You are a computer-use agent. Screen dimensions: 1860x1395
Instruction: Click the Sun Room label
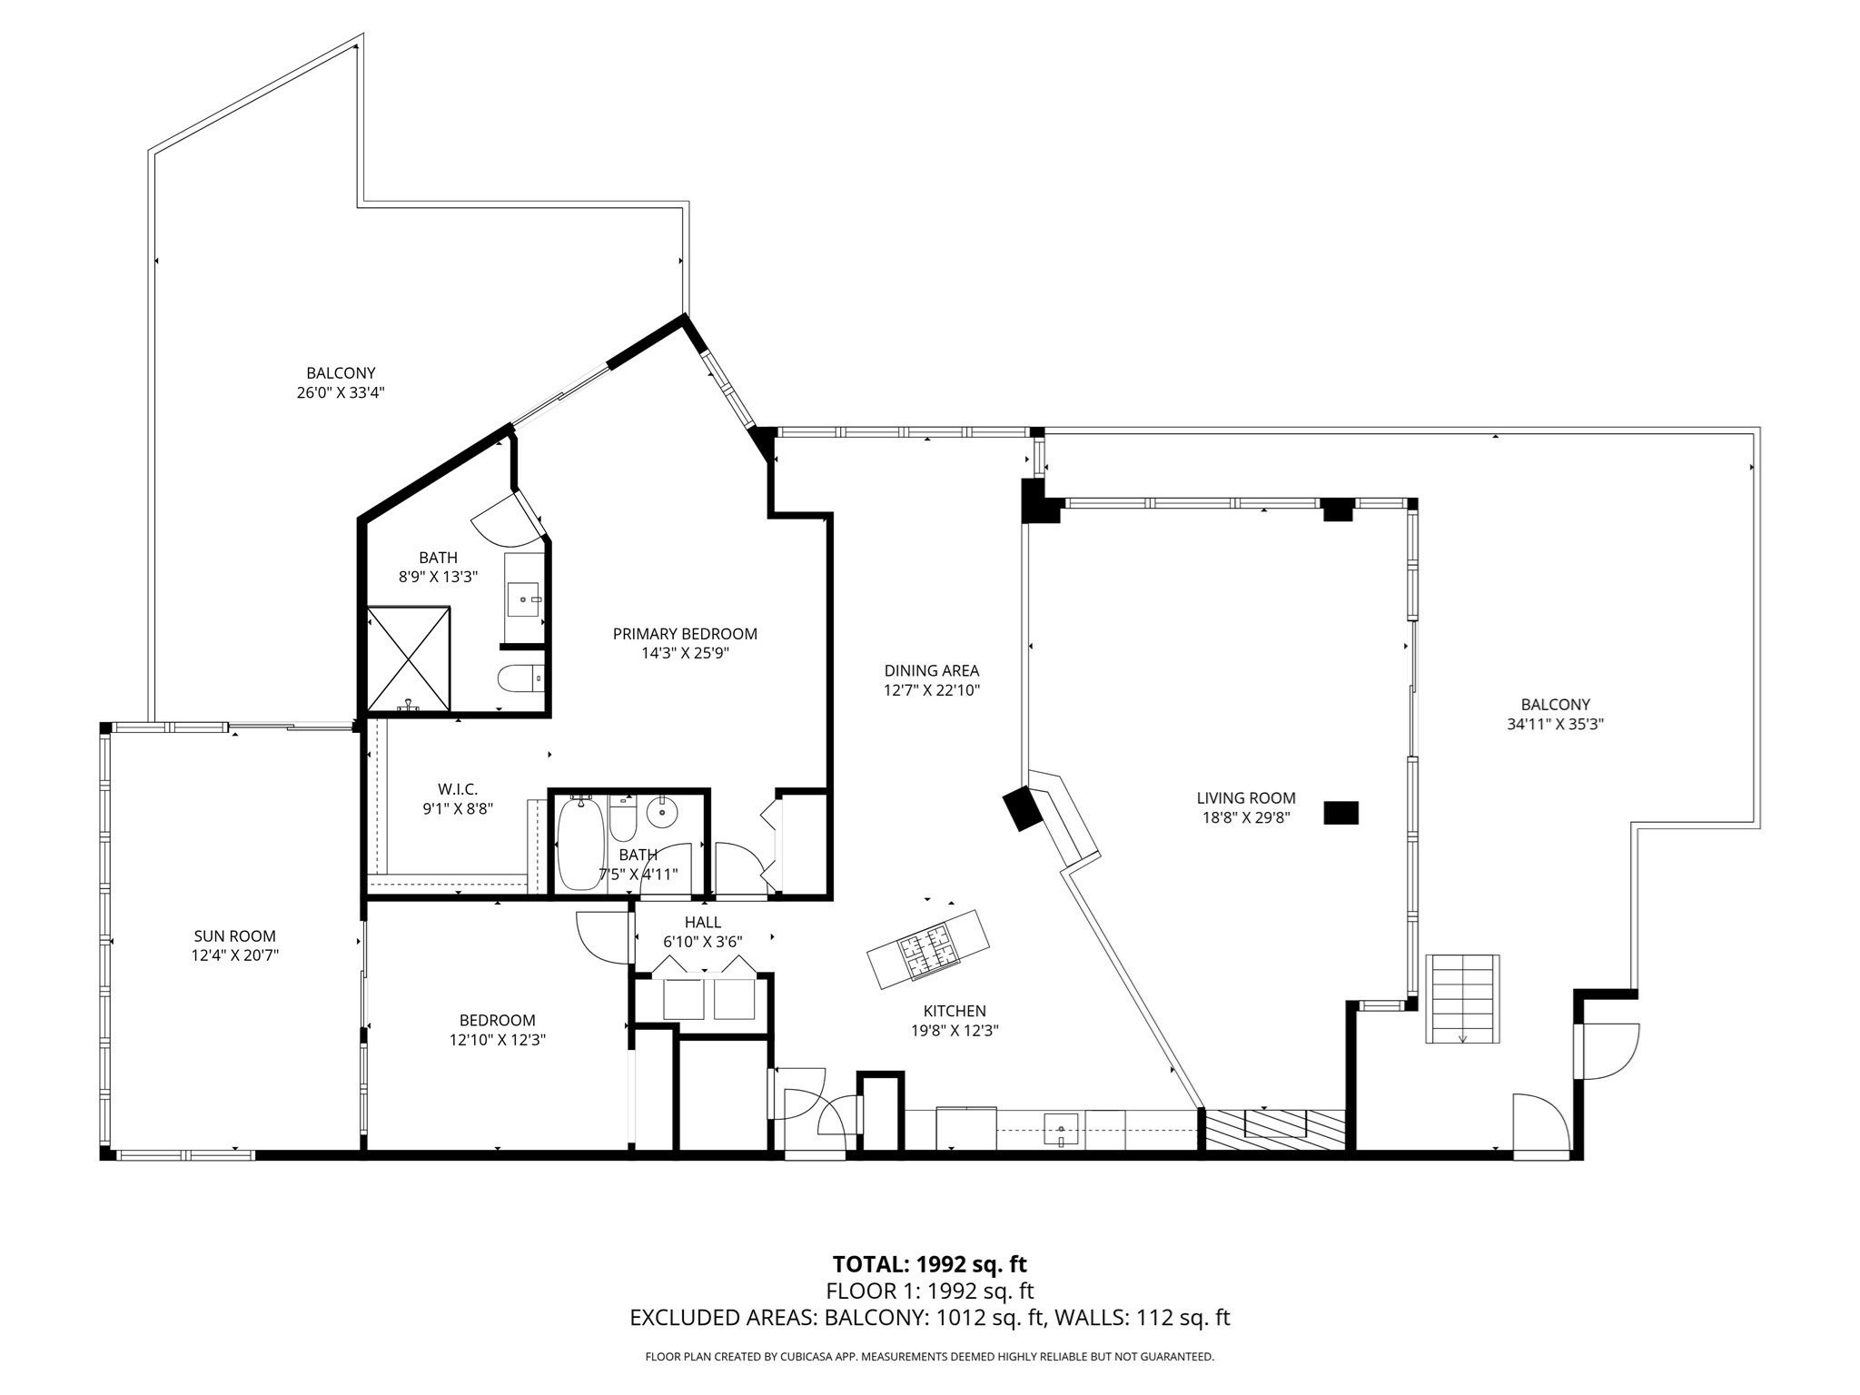pyautogui.click(x=234, y=935)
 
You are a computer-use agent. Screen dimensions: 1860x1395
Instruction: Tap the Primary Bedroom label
pyautogui.click(x=685, y=634)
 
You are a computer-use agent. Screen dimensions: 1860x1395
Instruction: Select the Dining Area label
pyautogui.click(x=932, y=671)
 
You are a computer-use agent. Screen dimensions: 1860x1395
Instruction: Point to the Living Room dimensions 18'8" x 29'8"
pyautogui.click(x=1246, y=817)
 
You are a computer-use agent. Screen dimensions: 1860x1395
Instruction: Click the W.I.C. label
pyautogui.click(x=458, y=789)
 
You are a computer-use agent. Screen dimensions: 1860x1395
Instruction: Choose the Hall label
pyautogui.click(x=703, y=923)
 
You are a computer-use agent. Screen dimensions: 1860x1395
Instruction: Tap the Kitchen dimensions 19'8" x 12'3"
pyautogui.click(x=955, y=1031)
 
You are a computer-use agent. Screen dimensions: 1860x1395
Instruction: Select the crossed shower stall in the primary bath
pyautogui.click(x=409, y=658)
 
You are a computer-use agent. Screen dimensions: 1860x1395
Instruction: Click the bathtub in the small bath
pyautogui.click(x=579, y=844)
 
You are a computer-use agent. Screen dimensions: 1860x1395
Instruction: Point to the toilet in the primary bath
pyautogui.click(x=520, y=678)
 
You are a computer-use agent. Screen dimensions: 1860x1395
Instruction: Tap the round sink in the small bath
pyautogui.click(x=662, y=813)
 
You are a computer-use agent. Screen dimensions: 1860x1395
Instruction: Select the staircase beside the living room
pyautogui.click(x=1462, y=998)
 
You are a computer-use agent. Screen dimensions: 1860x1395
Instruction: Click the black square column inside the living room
pyautogui.click(x=1341, y=813)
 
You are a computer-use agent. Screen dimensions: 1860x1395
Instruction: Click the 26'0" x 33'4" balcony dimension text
pyautogui.click(x=341, y=393)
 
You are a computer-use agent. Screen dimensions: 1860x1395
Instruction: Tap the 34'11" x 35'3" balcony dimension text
pyautogui.click(x=1556, y=725)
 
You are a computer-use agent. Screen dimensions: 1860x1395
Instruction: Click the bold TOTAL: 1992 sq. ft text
pyautogui.click(x=930, y=1263)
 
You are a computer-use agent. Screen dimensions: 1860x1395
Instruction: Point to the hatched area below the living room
pyautogui.click(x=1274, y=1131)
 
